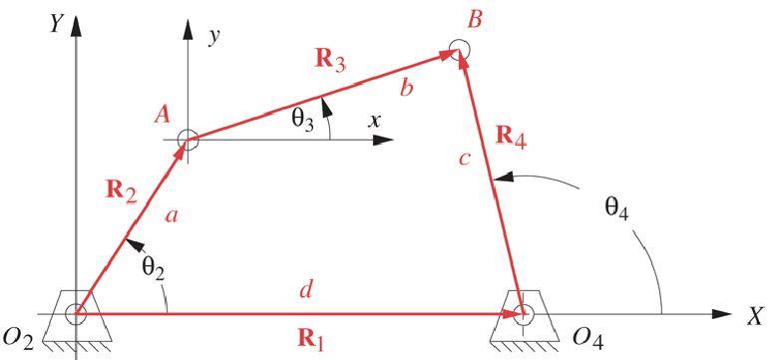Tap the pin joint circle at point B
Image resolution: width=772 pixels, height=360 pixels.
tap(458, 49)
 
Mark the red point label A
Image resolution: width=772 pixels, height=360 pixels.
tap(162, 116)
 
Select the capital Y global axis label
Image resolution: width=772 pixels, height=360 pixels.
tap(57, 23)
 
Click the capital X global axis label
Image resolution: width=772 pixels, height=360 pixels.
tap(755, 316)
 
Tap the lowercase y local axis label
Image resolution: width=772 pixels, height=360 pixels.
tap(211, 37)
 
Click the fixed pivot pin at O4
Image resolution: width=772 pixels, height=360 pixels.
tap(524, 313)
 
